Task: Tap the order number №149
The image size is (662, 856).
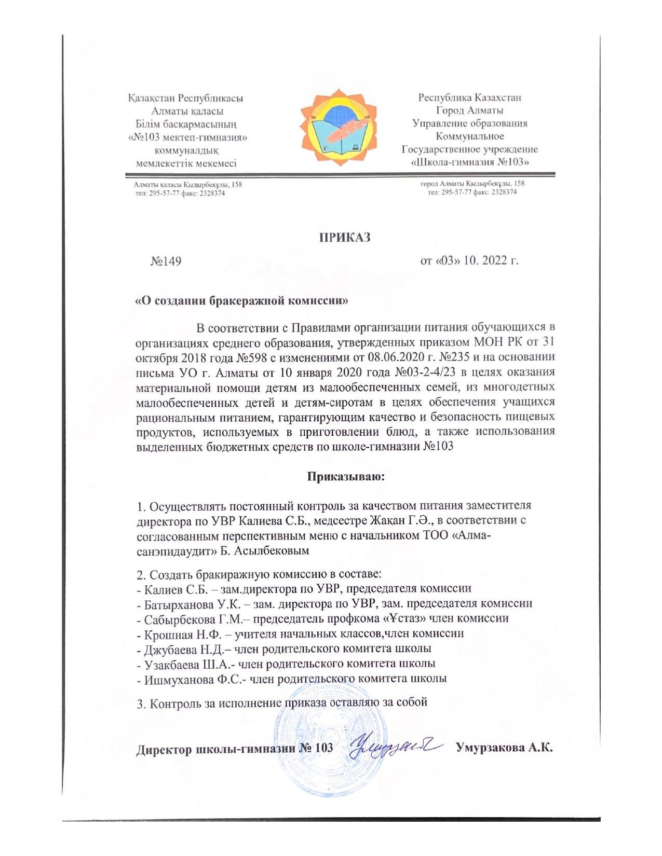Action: click(166, 261)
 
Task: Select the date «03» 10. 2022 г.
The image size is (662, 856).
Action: click(469, 260)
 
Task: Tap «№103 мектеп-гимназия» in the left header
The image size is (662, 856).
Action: click(187, 137)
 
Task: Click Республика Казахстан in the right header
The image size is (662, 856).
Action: click(470, 97)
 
